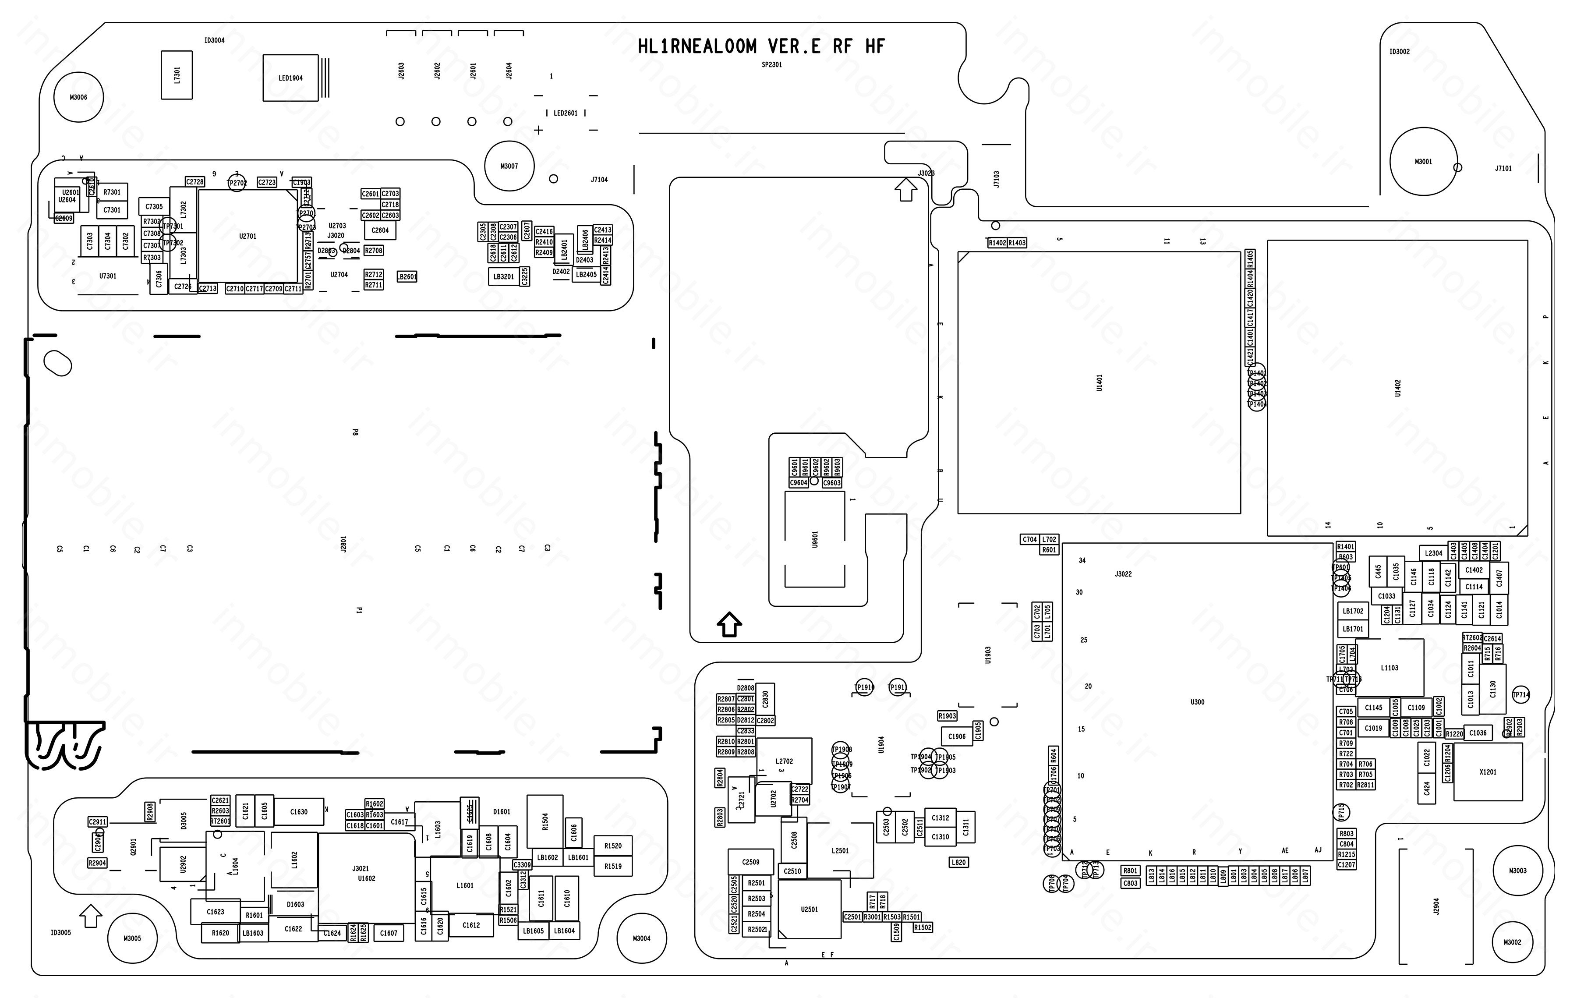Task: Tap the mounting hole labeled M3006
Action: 78,97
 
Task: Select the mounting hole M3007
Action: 509,166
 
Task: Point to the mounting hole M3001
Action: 1422,161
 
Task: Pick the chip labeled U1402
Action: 1397,388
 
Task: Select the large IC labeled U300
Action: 1197,702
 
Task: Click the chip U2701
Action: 248,237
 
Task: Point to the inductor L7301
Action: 177,74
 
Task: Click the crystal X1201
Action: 1487,772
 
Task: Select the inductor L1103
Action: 1389,668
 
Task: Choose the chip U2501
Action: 809,910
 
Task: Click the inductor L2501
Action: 840,851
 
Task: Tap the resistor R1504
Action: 545,821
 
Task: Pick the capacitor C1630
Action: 299,812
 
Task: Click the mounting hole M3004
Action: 641,938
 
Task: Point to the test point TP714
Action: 1520,695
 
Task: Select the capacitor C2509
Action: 750,862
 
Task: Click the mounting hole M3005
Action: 132,938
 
